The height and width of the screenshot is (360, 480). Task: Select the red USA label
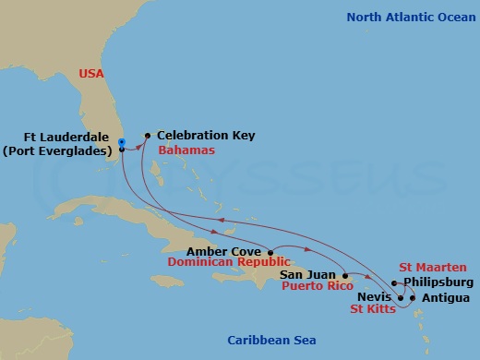click(91, 72)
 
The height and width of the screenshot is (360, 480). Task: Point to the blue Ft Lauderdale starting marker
click(121, 141)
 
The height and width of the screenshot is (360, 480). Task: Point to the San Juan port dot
click(344, 275)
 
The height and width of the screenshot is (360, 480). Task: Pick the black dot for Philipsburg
click(394, 283)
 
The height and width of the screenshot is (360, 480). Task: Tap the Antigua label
click(445, 297)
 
